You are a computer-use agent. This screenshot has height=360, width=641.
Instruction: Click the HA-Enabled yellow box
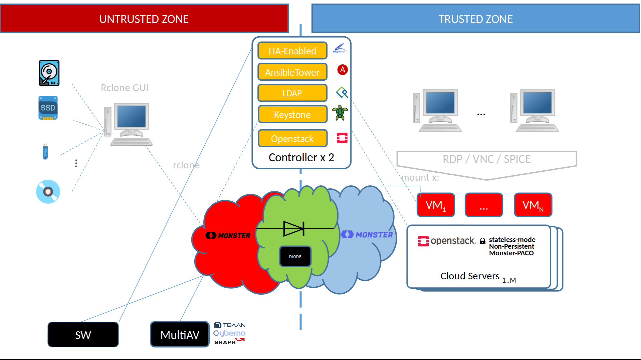[x=292, y=51]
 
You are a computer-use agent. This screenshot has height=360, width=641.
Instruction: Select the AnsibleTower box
[x=292, y=72]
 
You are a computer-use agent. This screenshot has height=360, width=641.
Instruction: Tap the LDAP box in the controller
[x=292, y=93]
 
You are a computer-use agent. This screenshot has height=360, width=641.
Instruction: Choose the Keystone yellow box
[x=292, y=114]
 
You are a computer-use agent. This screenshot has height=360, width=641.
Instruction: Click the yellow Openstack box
[x=292, y=138]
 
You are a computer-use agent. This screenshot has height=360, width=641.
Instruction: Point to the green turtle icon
[x=340, y=113]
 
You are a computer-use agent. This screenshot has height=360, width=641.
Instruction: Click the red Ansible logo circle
[x=343, y=70]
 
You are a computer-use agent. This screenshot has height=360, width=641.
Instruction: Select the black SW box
[x=83, y=335]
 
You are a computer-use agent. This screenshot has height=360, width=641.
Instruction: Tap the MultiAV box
[x=180, y=335]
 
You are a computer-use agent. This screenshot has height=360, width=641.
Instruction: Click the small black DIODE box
[x=295, y=256]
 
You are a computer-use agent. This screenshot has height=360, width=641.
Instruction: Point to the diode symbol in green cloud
[x=294, y=229]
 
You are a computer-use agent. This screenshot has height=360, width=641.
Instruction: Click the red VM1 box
[x=436, y=205]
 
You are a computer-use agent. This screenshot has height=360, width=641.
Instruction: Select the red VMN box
[x=533, y=205]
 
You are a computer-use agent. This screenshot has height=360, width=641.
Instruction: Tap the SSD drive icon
[x=48, y=108]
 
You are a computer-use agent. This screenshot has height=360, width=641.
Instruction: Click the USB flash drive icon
[x=45, y=152]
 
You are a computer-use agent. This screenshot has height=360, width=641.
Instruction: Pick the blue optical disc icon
[x=48, y=192]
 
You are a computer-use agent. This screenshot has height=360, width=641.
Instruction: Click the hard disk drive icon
[x=49, y=73]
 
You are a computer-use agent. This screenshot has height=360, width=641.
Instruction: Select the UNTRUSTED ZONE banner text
[x=144, y=19]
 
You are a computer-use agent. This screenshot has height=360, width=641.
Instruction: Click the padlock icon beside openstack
[x=482, y=241]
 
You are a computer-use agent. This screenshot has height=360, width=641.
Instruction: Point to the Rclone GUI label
[x=125, y=88]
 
